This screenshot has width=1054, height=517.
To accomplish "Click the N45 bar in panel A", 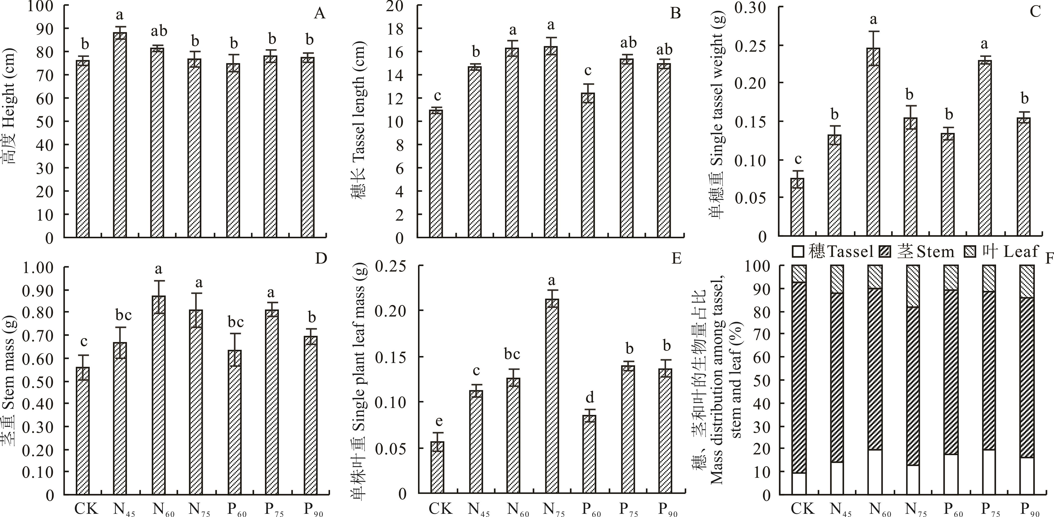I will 120,135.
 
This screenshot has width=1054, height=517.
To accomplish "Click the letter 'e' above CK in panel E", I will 438,421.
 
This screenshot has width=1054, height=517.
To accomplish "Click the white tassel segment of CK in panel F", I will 799,484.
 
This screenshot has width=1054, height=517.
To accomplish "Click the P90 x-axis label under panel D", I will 313,509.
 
